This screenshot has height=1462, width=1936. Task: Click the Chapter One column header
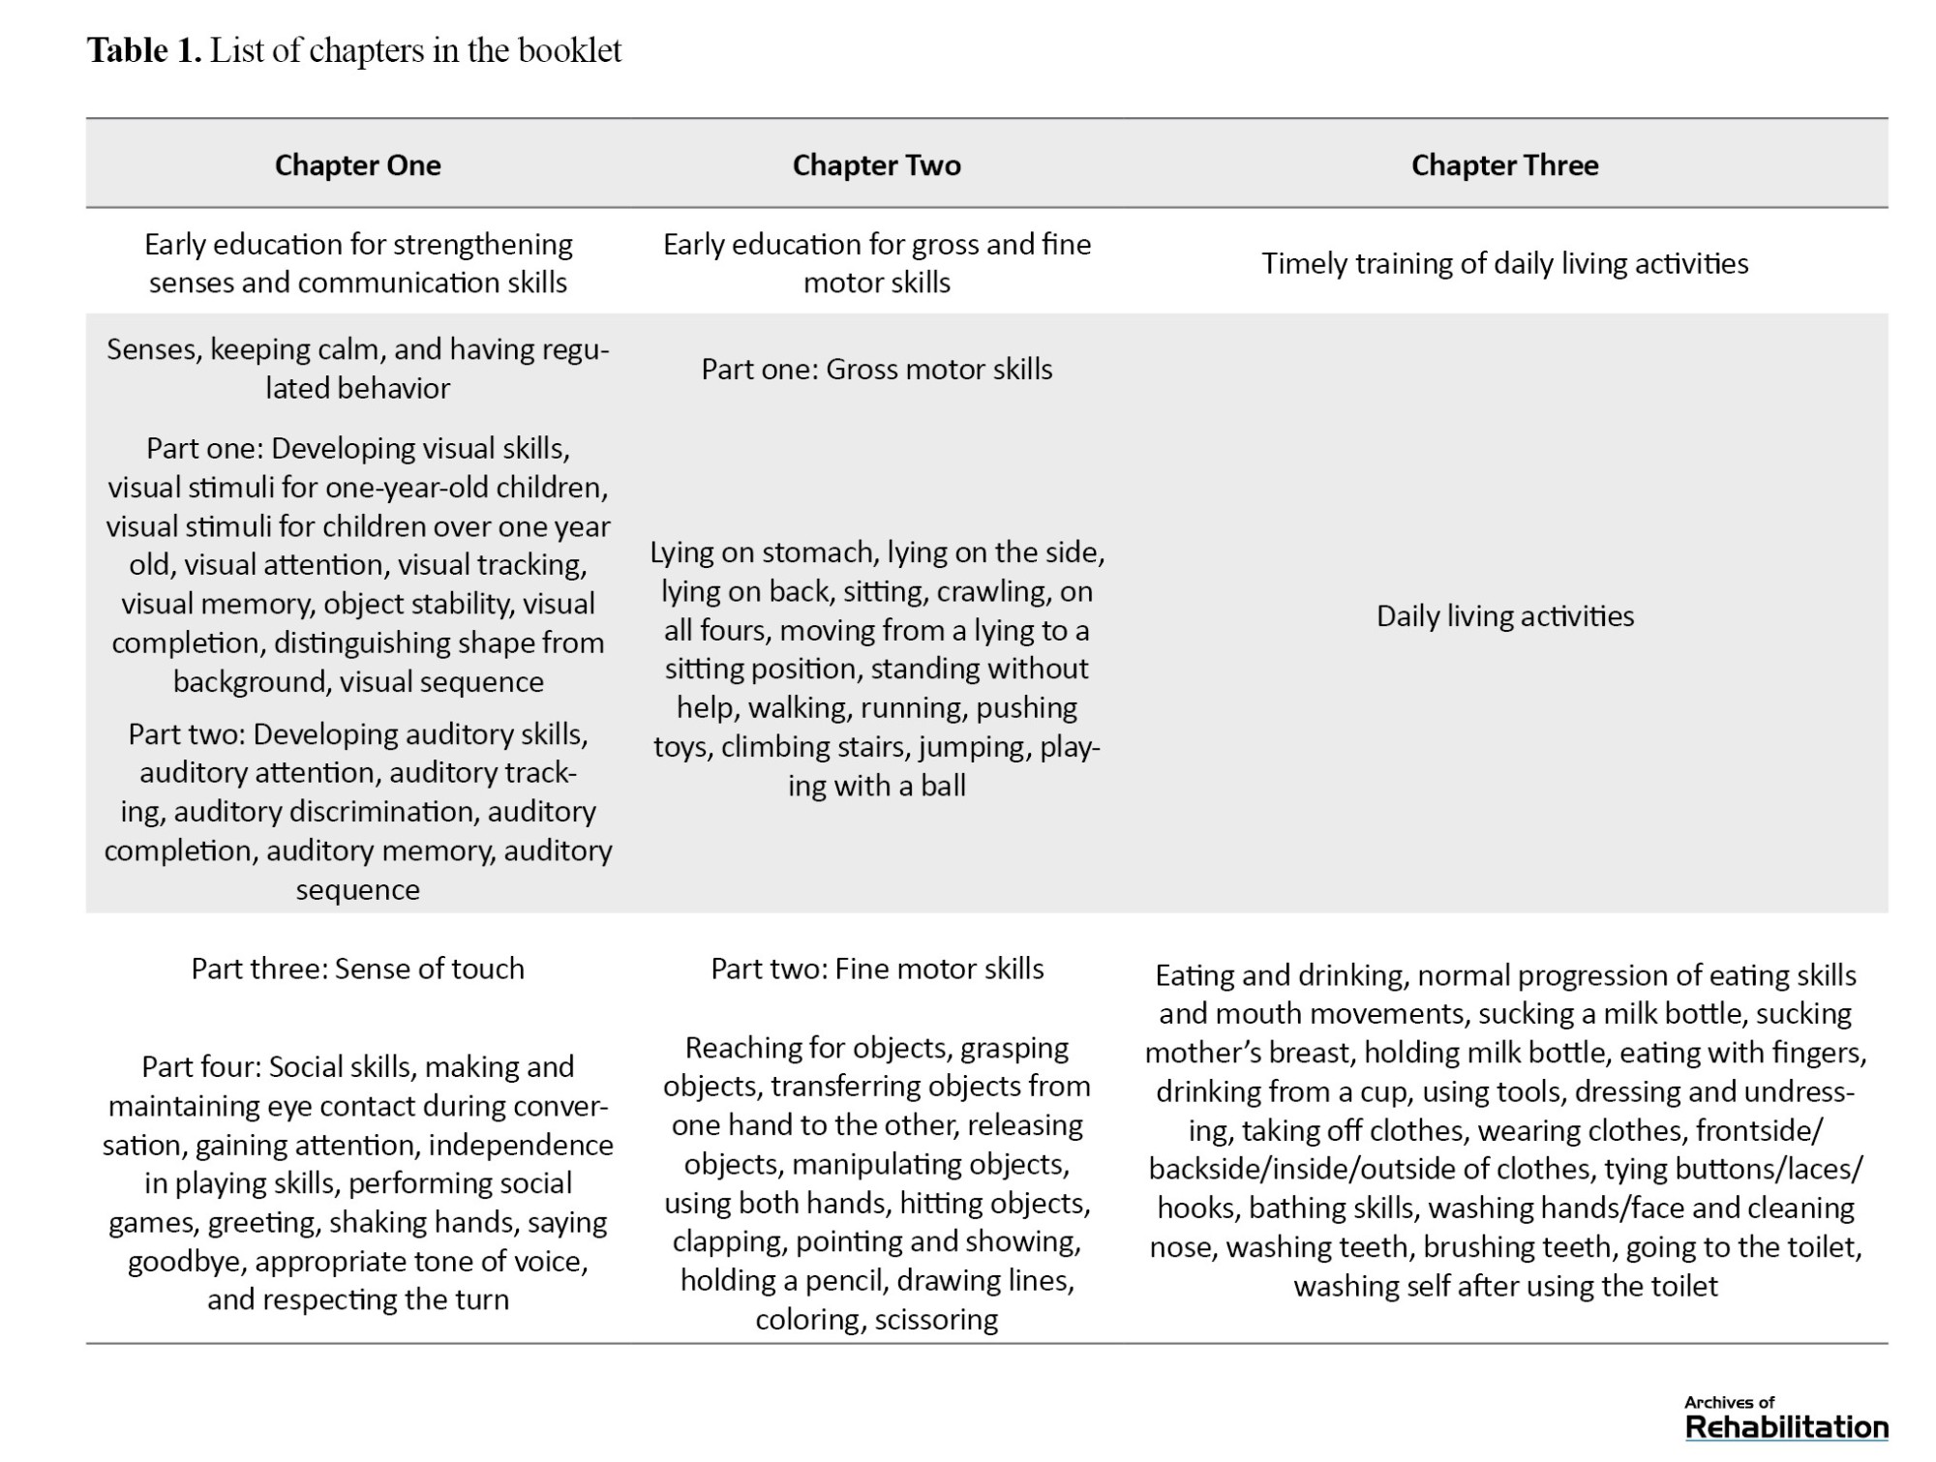(x=357, y=165)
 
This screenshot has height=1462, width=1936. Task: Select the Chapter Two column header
(x=876, y=165)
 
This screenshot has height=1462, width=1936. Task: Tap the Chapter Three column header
(x=1504, y=165)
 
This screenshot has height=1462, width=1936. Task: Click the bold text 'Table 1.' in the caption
(x=144, y=50)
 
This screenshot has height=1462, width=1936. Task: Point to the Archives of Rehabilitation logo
(x=1786, y=1419)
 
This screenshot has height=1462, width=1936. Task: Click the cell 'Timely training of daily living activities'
(x=1504, y=263)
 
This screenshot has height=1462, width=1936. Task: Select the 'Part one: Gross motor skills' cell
(x=876, y=369)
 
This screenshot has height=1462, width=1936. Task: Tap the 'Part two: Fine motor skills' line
(x=877, y=969)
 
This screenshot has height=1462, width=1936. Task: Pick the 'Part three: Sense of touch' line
(x=357, y=969)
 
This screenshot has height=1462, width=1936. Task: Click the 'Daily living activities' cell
(x=1504, y=616)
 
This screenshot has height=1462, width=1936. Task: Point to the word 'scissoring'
(x=936, y=1320)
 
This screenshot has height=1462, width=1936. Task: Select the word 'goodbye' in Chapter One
(x=187, y=1262)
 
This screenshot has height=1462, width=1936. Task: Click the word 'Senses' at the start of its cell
(x=151, y=349)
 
